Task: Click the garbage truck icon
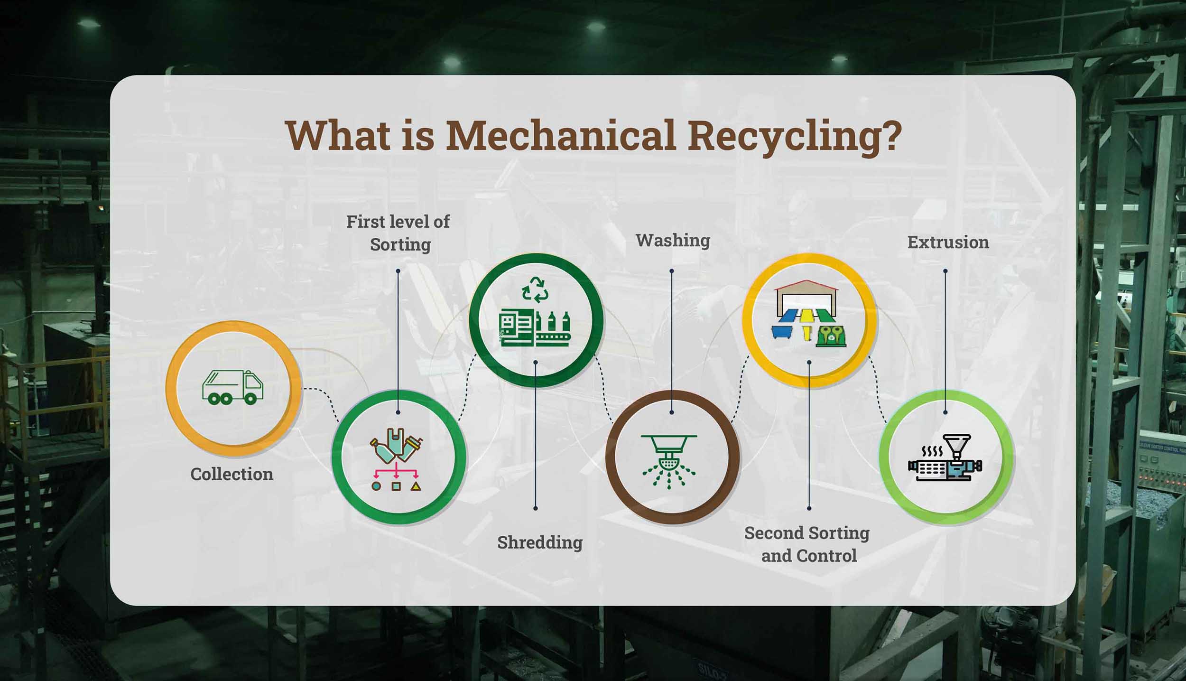pyautogui.click(x=232, y=387)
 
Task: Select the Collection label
pyautogui.click(x=232, y=474)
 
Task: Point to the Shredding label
pyautogui.click(x=540, y=542)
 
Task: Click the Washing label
pyautogui.click(x=673, y=241)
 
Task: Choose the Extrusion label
pyautogui.click(x=948, y=243)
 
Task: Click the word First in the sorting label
pyautogui.click(x=365, y=222)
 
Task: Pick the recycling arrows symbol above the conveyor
pyautogui.click(x=535, y=289)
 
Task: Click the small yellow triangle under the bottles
pyautogui.click(x=416, y=486)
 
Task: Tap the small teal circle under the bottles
pyautogui.click(x=376, y=486)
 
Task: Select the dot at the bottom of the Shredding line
pyautogui.click(x=536, y=508)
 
